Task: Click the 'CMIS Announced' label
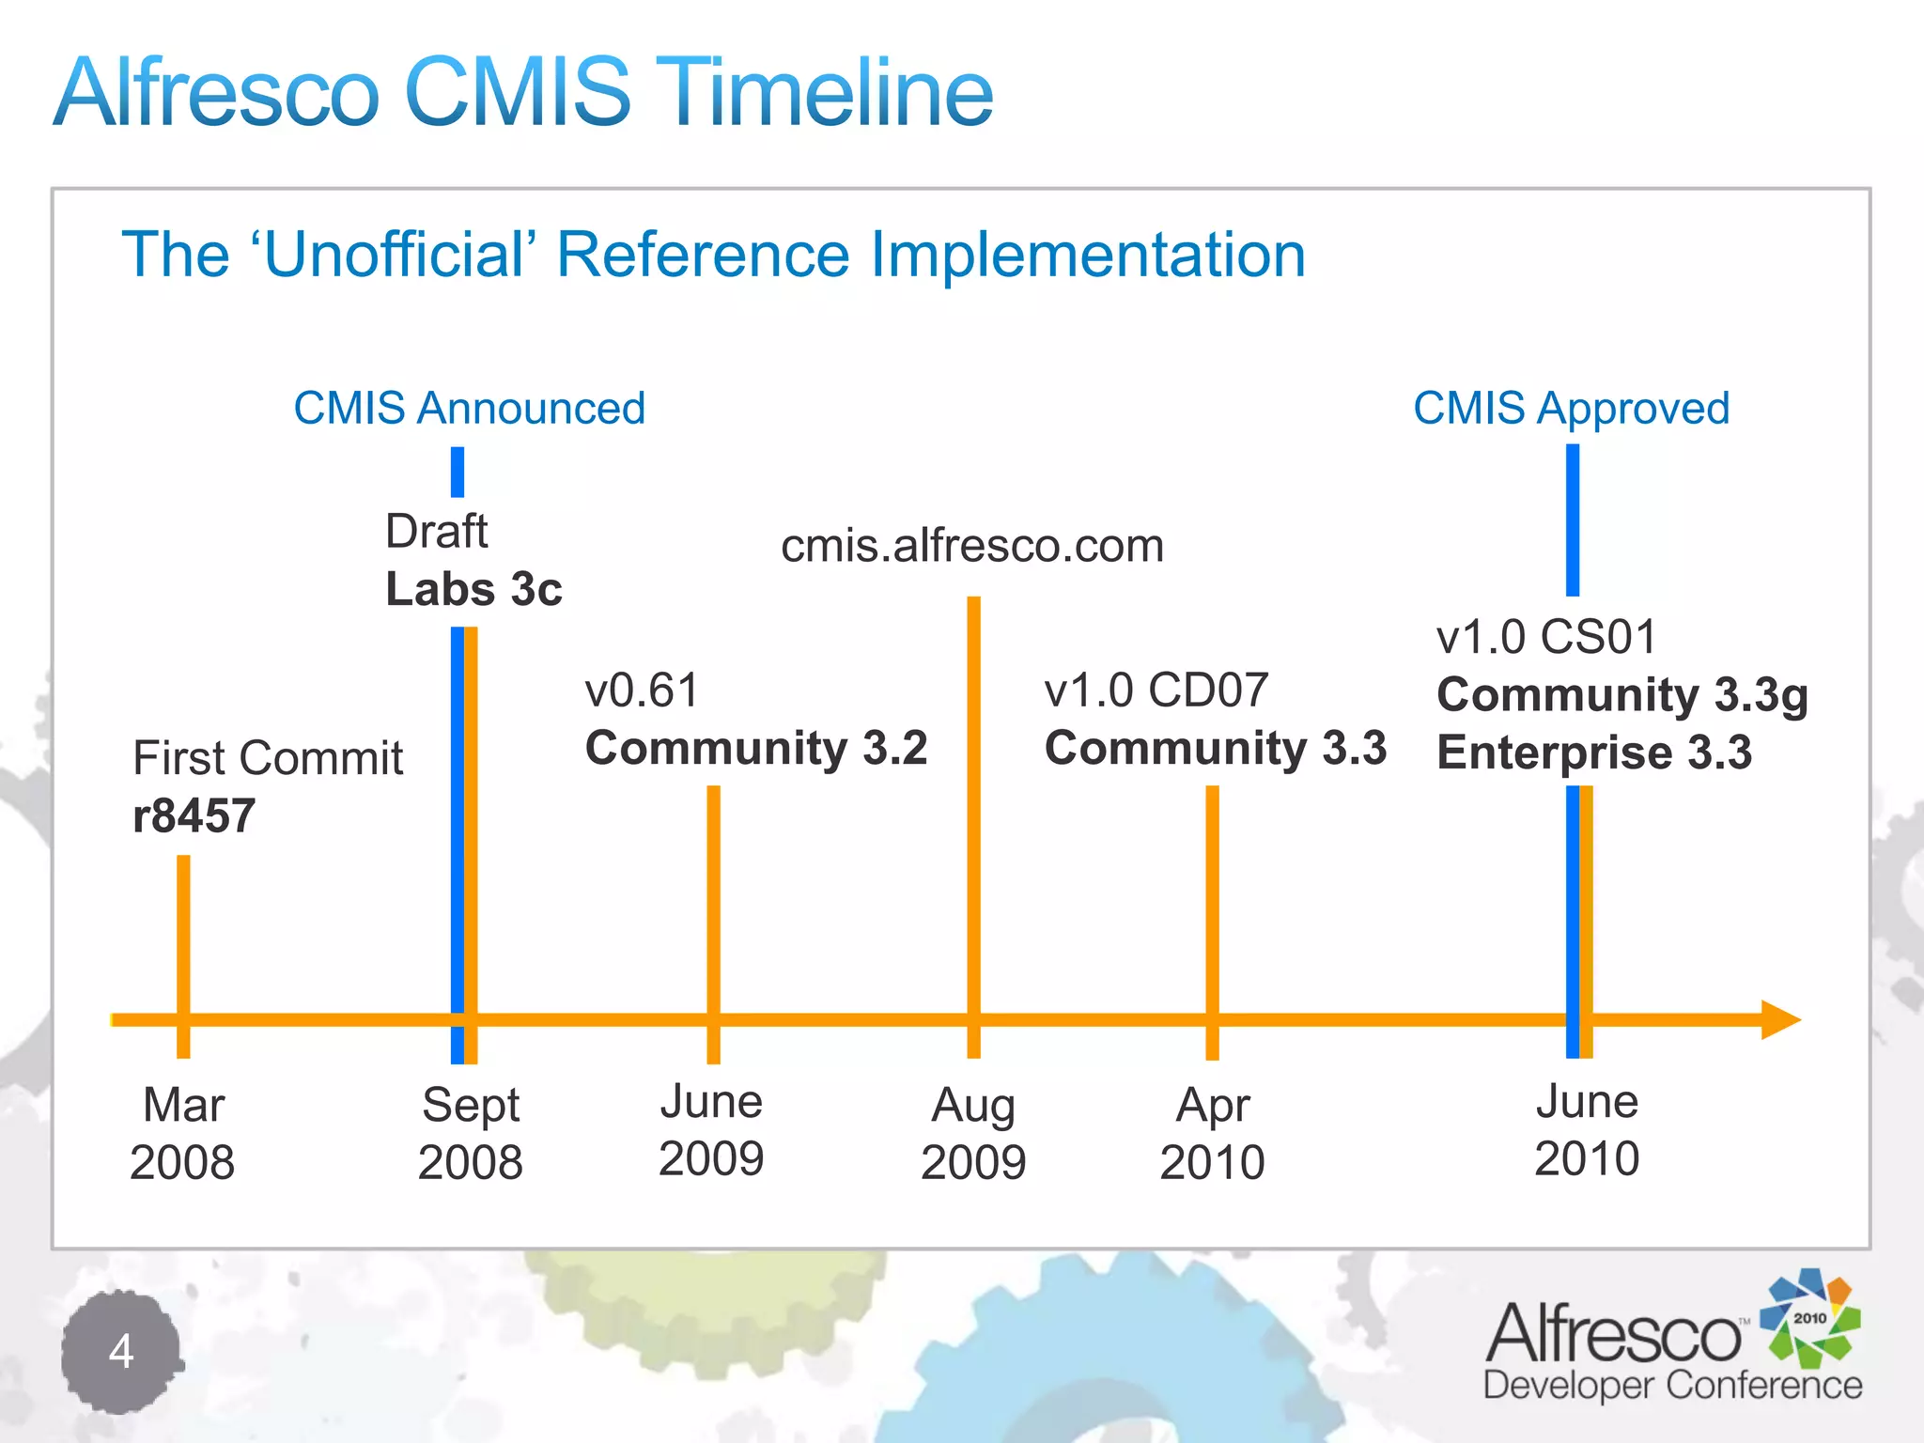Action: click(x=470, y=409)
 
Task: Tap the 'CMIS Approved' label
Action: click(x=1571, y=409)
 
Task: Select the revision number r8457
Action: click(x=194, y=815)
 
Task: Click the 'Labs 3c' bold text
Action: click(x=473, y=589)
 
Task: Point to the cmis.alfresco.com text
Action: click(x=972, y=546)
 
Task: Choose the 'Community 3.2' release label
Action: click(x=756, y=749)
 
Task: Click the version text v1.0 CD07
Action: click(x=1156, y=690)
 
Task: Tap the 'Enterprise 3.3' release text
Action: click(x=1594, y=753)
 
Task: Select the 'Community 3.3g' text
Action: click(x=1622, y=695)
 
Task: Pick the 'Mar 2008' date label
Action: click(x=182, y=1133)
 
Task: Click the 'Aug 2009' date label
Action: click(x=973, y=1133)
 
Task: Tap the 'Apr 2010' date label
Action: click(x=1212, y=1133)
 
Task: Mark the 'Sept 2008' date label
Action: click(x=470, y=1133)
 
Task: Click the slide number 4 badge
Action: click(x=121, y=1352)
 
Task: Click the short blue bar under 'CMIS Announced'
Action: click(x=458, y=472)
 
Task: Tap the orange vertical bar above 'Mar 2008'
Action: click(x=183, y=939)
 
